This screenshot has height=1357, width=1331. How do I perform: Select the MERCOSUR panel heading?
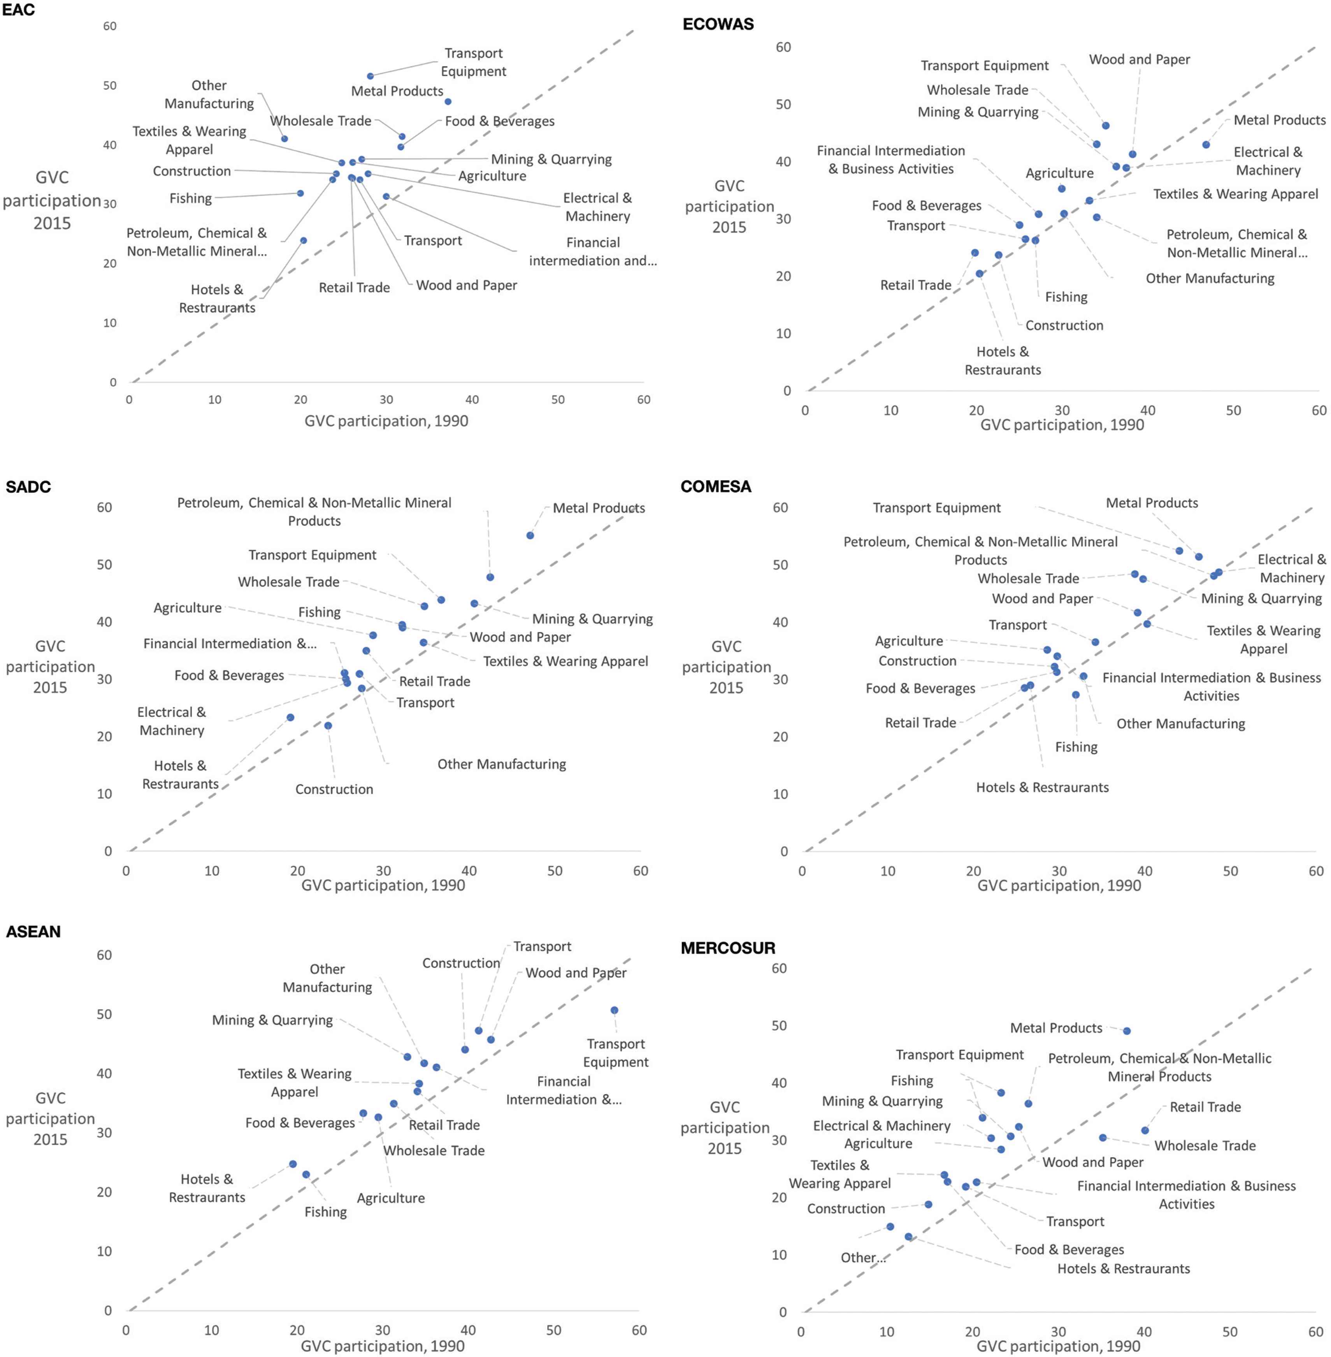click(x=728, y=948)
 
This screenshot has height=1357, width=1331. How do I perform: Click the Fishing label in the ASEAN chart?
click(x=325, y=1211)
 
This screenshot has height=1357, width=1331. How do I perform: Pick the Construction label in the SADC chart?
click(x=334, y=789)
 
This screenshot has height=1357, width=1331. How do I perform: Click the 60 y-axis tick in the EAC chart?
click(x=110, y=26)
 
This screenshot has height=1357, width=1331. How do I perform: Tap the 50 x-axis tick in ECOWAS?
click(x=1233, y=410)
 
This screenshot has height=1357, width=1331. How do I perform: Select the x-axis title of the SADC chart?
click(x=383, y=885)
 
